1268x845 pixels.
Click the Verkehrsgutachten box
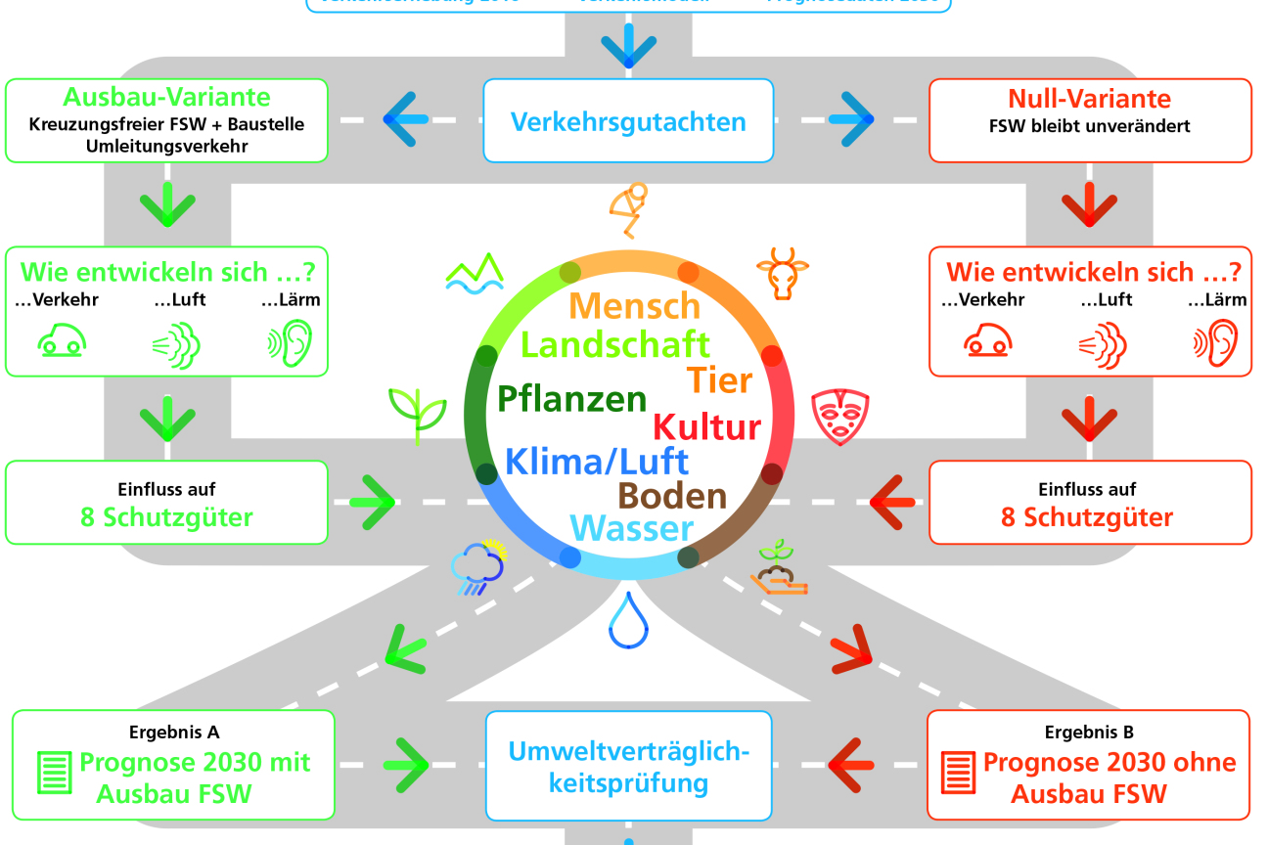(628, 121)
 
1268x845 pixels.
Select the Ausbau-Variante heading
(166, 98)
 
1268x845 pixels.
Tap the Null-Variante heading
(1089, 99)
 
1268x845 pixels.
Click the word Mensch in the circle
(635, 306)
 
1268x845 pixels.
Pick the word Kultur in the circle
(706, 427)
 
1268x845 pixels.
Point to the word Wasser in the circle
(631, 529)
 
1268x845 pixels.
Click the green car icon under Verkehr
(62, 340)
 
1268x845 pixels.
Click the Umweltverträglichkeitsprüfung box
(628, 766)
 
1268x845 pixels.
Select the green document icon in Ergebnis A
(54, 773)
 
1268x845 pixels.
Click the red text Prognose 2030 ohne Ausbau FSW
(1109, 778)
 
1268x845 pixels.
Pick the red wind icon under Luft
(1103, 345)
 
